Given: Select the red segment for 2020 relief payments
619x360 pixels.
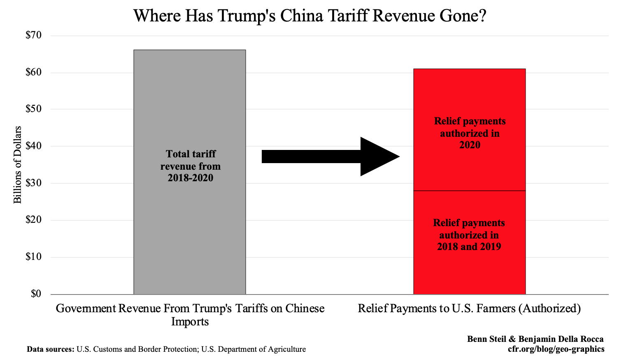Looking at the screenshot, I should (470, 95).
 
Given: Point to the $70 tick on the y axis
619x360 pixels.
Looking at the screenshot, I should (34, 35).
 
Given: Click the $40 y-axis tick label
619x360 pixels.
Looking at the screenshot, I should (34, 146).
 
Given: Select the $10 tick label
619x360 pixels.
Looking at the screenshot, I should (34, 257).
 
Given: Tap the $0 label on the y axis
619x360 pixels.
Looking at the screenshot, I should (36, 294).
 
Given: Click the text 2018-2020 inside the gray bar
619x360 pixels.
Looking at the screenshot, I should (191, 178).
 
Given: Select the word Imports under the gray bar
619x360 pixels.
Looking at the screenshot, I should (190, 321).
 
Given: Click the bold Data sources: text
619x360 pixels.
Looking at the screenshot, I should (50, 349).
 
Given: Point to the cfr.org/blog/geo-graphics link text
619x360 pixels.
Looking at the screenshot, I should (556, 349).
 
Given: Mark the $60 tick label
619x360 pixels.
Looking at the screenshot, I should (34, 72).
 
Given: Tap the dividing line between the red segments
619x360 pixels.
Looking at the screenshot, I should (470, 191).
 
